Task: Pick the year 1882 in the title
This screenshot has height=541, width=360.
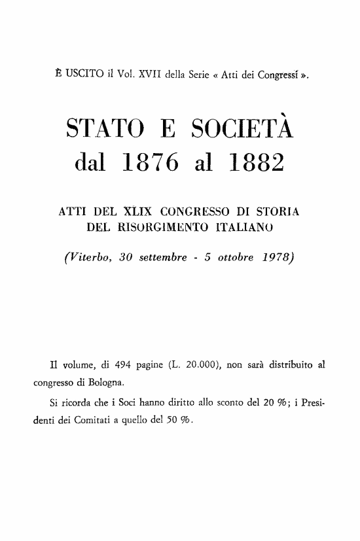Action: click(x=258, y=166)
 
